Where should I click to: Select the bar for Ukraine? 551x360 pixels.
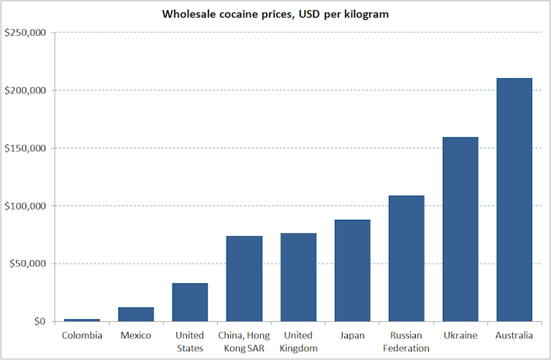point(460,229)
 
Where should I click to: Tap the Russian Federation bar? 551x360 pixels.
point(406,258)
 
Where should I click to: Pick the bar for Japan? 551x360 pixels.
point(352,270)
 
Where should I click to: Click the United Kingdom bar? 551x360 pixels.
point(298,277)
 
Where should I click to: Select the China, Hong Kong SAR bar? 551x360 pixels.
point(244,278)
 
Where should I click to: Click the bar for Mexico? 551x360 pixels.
point(136,314)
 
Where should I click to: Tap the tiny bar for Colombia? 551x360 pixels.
point(82,320)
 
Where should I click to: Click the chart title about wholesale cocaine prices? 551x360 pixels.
point(275,14)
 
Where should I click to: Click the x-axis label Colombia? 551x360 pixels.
point(82,335)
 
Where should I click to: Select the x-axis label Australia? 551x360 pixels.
point(514,335)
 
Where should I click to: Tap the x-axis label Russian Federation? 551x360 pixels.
point(406,342)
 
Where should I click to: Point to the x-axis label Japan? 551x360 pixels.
point(352,335)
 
